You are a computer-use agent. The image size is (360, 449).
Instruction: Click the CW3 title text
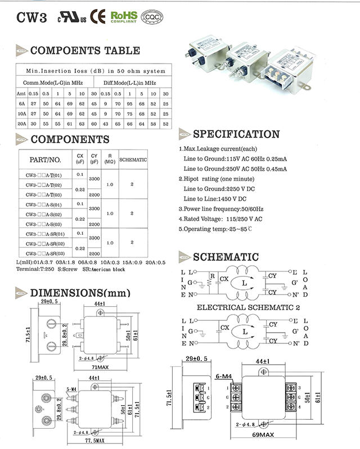pos(29,17)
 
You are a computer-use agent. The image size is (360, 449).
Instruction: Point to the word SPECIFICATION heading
pos(236,134)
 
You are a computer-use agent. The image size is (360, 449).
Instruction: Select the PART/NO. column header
pos(44,160)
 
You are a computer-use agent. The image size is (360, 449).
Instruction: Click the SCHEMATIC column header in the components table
pos(133,160)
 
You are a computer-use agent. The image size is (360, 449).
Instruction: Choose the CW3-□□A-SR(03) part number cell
pos(45,254)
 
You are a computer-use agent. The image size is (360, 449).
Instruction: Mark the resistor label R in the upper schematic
pos(212,276)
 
